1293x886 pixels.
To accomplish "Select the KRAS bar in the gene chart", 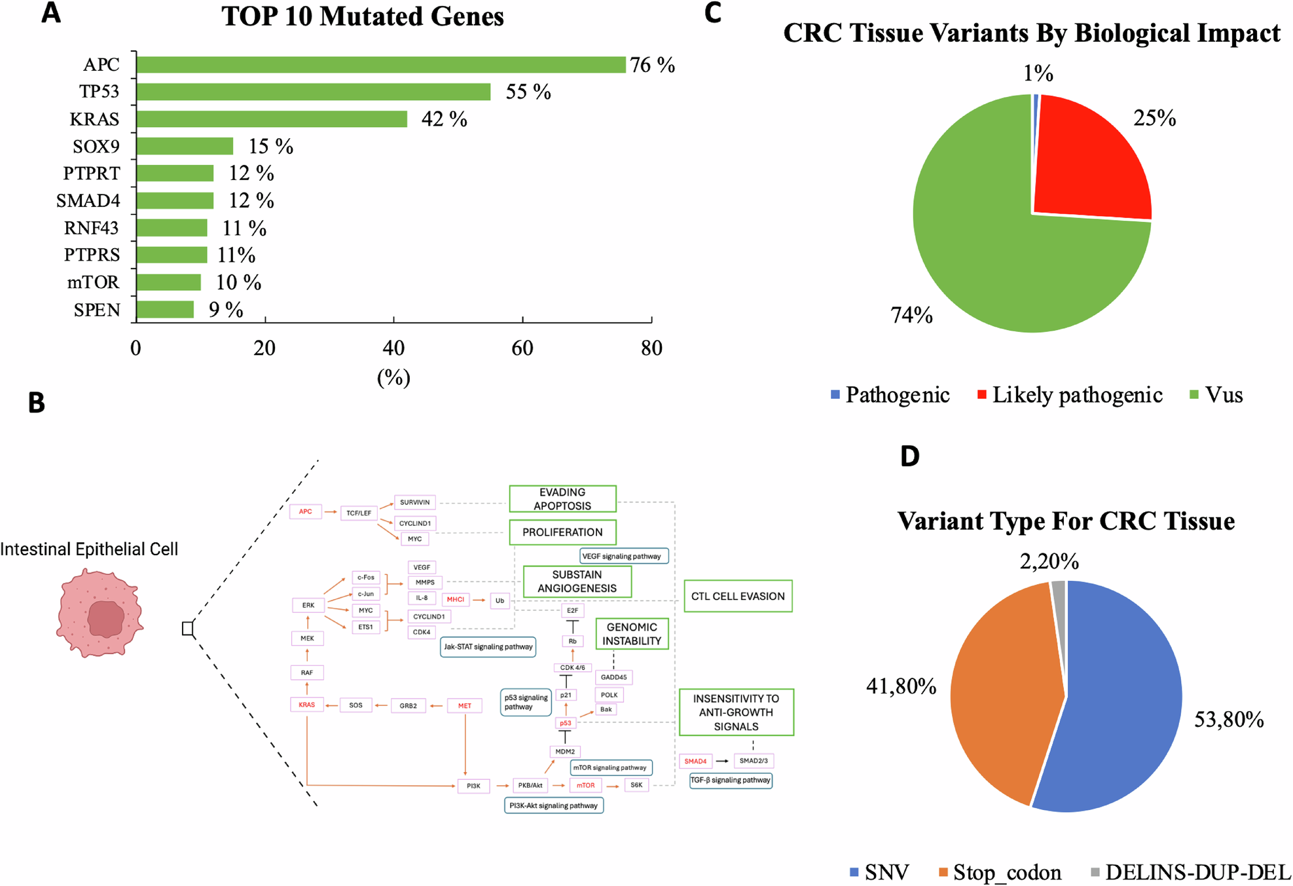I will click(272, 119).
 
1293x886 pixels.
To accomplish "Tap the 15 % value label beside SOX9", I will click(270, 147).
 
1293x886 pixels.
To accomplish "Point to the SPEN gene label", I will click(97, 310).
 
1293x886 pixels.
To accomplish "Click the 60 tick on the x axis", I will click(522, 348).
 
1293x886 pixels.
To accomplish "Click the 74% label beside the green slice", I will click(911, 316).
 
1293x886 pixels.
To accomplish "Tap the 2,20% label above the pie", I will click(1049, 561).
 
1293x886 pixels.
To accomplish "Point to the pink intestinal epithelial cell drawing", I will click(100, 613).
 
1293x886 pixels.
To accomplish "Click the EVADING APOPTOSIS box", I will click(562, 499).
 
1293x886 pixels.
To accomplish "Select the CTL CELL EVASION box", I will click(738, 596).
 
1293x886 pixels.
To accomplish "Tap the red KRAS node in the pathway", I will click(306, 705).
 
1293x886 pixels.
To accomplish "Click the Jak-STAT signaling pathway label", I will click(488, 647).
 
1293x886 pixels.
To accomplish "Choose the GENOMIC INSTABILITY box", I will click(632, 634).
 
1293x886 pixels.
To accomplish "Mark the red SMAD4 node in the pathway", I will click(695, 761).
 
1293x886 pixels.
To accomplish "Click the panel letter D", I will click(910, 456).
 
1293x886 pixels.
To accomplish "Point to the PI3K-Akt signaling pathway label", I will click(554, 805).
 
